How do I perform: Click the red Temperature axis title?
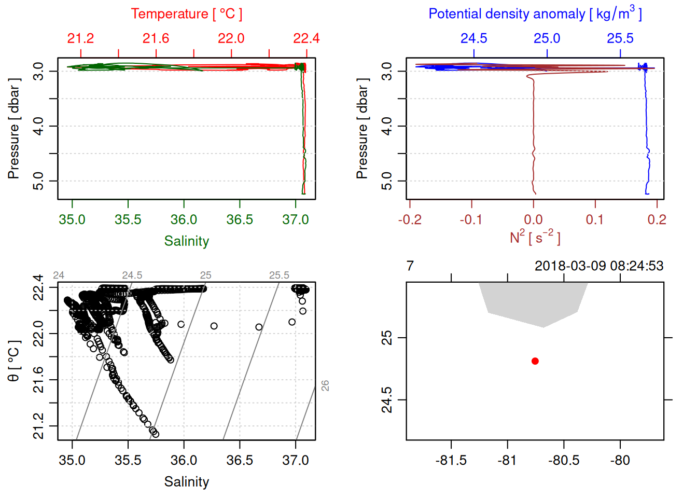(x=186, y=14)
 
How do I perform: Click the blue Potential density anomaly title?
(x=535, y=14)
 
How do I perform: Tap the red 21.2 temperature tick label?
(x=80, y=38)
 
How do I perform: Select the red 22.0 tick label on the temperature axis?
(x=231, y=38)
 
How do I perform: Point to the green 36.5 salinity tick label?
(x=240, y=219)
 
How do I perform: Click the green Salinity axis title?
(x=186, y=241)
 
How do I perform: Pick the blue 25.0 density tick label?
(x=547, y=38)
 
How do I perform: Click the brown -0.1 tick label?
(x=471, y=219)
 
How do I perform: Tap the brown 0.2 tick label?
(x=657, y=219)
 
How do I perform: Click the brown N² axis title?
(x=535, y=237)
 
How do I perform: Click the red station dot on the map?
(x=535, y=361)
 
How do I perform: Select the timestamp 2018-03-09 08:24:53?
(x=598, y=266)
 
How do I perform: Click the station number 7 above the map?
(x=410, y=266)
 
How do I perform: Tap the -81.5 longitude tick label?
(x=451, y=460)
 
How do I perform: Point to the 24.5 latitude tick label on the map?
(x=387, y=400)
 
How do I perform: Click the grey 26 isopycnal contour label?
(x=325, y=385)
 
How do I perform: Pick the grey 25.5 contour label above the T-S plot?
(x=279, y=275)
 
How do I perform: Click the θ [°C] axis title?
(x=14, y=361)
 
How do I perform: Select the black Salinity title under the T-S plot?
(x=186, y=482)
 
